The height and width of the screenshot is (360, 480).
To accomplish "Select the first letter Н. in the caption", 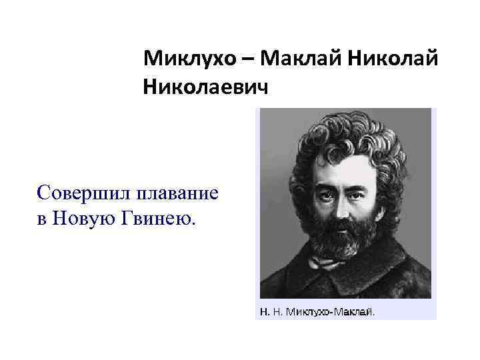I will (x=263, y=311).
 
